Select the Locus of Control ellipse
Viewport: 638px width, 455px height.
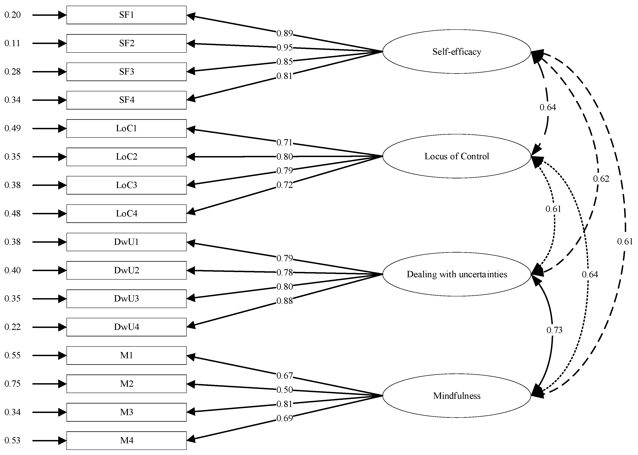click(x=457, y=156)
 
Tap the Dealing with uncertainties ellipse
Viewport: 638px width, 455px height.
click(x=457, y=274)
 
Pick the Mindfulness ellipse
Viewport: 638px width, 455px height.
click(x=457, y=396)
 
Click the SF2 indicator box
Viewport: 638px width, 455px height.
click(x=126, y=43)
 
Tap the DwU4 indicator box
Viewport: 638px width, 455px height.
click(x=126, y=327)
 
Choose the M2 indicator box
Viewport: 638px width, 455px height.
click(x=126, y=384)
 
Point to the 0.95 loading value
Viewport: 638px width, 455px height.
click(x=284, y=48)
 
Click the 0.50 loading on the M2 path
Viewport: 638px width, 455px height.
click(x=284, y=390)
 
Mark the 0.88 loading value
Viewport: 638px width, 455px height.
click(x=284, y=301)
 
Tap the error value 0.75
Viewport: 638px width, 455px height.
click(x=13, y=384)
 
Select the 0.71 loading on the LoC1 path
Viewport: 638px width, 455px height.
click(x=284, y=143)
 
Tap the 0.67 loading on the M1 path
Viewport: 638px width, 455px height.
click(x=284, y=376)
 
